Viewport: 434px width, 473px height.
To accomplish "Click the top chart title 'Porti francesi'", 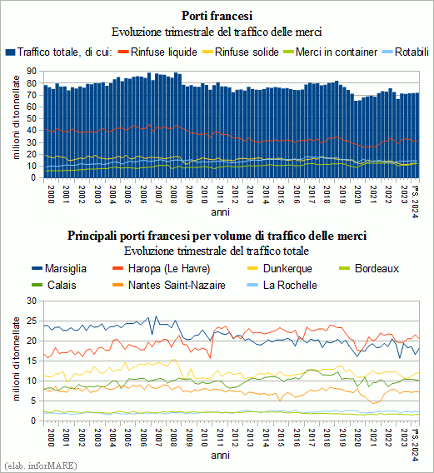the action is tap(217, 16).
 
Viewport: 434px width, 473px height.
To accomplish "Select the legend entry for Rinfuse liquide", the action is tap(157, 52).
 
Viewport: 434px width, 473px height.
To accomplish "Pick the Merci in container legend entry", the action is tap(330, 52).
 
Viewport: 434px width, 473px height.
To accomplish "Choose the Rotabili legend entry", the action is tap(406, 52).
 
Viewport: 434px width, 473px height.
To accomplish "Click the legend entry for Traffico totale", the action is tap(59, 52).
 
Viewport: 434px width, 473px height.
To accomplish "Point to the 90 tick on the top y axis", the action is tap(32, 71).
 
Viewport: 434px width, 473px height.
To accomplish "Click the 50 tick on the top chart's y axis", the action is tap(32, 118).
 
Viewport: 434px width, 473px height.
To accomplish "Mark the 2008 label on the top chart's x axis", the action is tap(173, 195).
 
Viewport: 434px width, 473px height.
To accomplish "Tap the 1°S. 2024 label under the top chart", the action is tap(416, 202).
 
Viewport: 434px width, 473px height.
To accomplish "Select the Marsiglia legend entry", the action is tap(59, 268).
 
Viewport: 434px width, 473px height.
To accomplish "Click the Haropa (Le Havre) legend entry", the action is tap(161, 268).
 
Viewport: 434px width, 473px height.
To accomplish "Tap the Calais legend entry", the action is tap(54, 285).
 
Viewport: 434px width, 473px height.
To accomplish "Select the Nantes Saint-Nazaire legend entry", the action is tap(169, 285).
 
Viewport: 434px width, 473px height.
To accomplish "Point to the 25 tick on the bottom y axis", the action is tap(32, 321).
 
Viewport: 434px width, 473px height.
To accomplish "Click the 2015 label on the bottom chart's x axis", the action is tap(281, 437).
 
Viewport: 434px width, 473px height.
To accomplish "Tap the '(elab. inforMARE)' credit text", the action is tap(41, 466).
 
